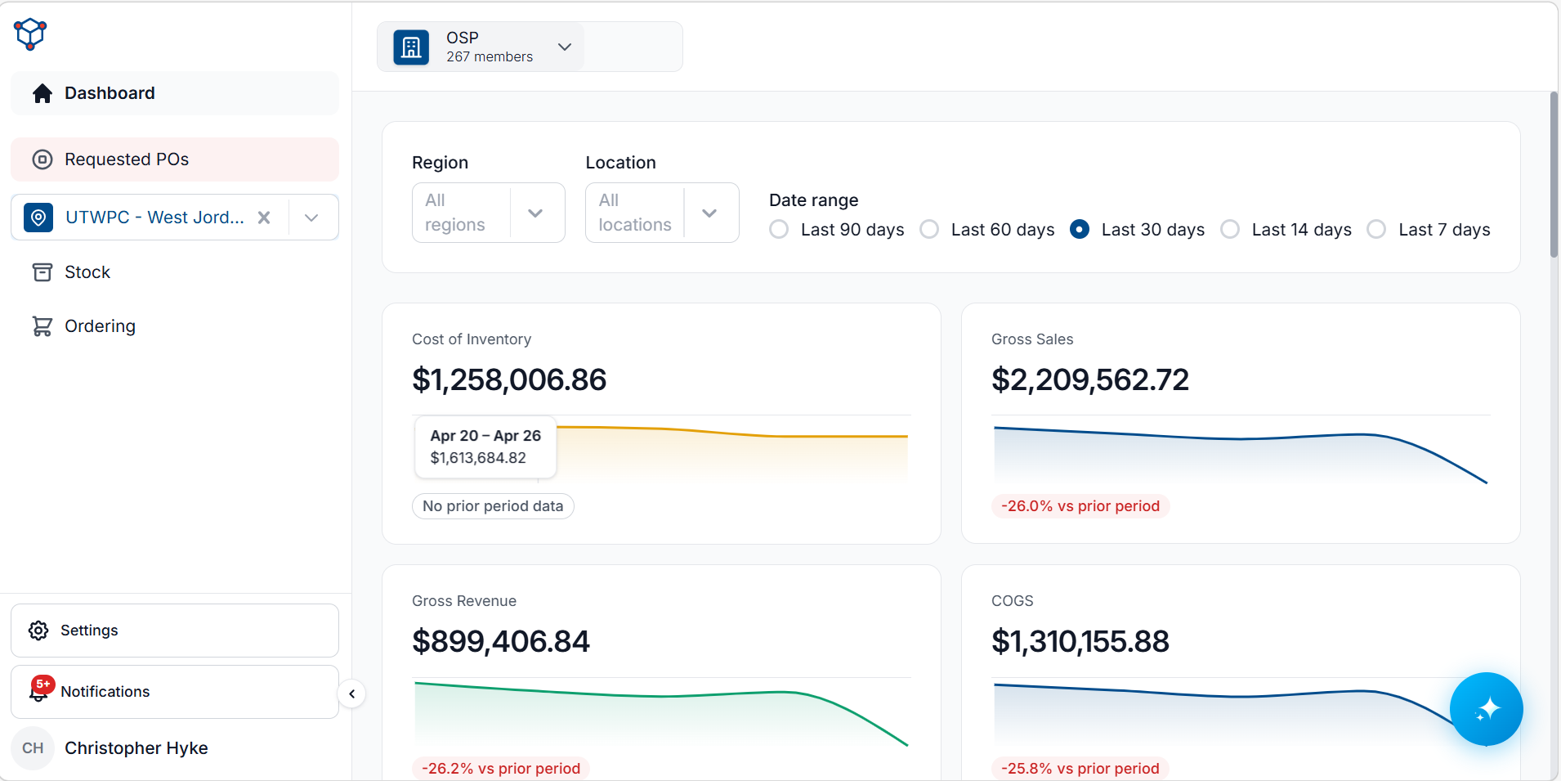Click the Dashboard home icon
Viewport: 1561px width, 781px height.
(x=42, y=93)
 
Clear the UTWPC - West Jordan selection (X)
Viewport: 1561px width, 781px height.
(x=264, y=218)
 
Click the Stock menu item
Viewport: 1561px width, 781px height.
(x=87, y=272)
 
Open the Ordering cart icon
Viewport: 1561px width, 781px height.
(x=42, y=326)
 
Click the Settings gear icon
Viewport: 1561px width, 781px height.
(x=38, y=631)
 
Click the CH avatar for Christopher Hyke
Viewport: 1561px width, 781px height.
(x=33, y=748)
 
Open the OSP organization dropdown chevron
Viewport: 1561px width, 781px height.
(x=565, y=47)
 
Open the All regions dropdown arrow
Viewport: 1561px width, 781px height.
(x=535, y=213)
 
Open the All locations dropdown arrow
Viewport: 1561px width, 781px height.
(x=709, y=213)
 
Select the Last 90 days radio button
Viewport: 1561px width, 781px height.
(x=779, y=230)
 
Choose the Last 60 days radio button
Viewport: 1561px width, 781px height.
(x=929, y=230)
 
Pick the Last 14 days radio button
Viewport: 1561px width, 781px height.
(x=1230, y=230)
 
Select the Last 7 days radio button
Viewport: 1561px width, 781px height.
(x=1376, y=230)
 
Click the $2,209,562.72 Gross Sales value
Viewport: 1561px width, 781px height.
(x=1090, y=380)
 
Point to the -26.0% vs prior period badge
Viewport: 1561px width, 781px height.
(x=1080, y=506)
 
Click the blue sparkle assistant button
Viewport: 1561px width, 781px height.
(x=1487, y=709)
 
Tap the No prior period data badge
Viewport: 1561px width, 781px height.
(x=493, y=506)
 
